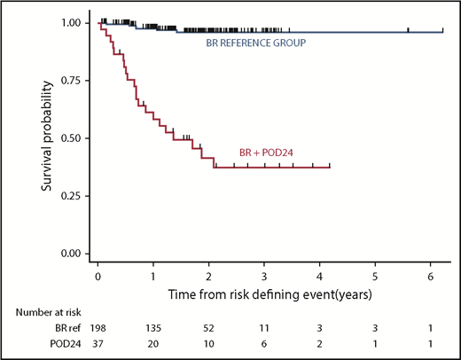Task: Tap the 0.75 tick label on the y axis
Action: pyautogui.click(x=73, y=81)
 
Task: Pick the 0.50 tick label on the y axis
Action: pyautogui.click(x=73, y=138)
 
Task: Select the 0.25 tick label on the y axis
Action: pyautogui.click(x=73, y=196)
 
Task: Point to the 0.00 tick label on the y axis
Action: pyautogui.click(x=73, y=254)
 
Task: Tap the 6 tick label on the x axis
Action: pyautogui.click(x=430, y=275)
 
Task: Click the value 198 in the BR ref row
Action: pyautogui.click(x=98, y=328)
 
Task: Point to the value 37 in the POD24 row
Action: pyautogui.click(x=98, y=344)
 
